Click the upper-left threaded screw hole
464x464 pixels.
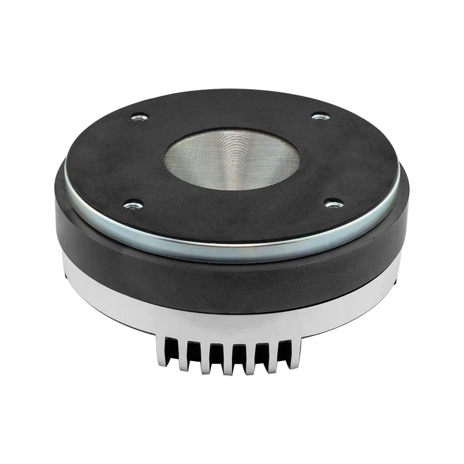pyautogui.click(x=140, y=116)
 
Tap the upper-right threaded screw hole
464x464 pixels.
pyautogui.click(x=321, y=116)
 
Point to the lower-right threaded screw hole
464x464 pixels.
pyautogui.click(x=333, y=203)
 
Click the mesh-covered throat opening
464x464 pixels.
pyautogui.click(x=232, y=159)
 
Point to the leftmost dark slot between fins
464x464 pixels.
pyautogui.click(x=170, y=350)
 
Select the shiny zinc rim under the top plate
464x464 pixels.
pyautogui.click(x=232, y=249)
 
